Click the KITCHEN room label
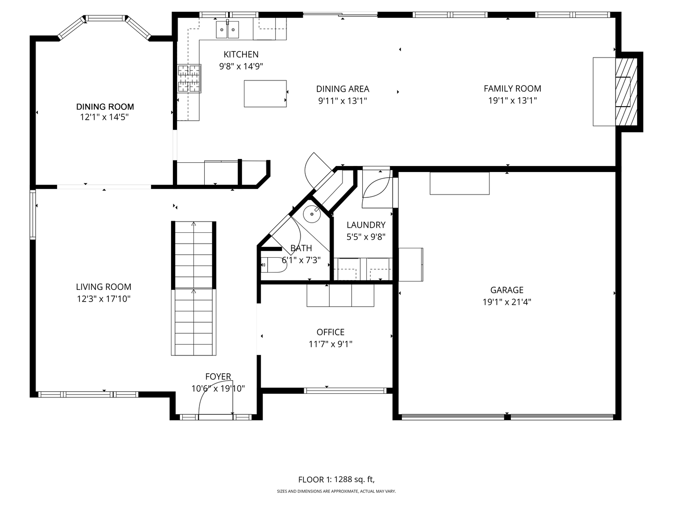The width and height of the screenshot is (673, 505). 241,54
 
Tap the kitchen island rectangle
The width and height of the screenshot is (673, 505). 265,94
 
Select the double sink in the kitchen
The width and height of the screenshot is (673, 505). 227,29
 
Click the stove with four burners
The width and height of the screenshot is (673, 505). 189,78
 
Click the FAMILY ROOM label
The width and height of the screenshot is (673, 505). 512,88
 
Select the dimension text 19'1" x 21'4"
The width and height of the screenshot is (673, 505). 507,302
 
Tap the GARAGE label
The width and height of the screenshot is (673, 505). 507,290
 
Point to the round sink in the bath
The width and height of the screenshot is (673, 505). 312,215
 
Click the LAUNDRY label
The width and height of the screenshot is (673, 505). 366,225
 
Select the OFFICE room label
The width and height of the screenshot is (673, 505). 330,332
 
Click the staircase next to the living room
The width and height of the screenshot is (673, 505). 193,288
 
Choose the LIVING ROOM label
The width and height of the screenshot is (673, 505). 103,287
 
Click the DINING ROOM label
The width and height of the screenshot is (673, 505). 105,107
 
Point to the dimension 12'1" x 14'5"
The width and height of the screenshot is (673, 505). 104,117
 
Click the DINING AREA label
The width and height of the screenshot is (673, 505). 343,89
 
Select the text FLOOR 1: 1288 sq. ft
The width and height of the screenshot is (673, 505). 336,479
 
